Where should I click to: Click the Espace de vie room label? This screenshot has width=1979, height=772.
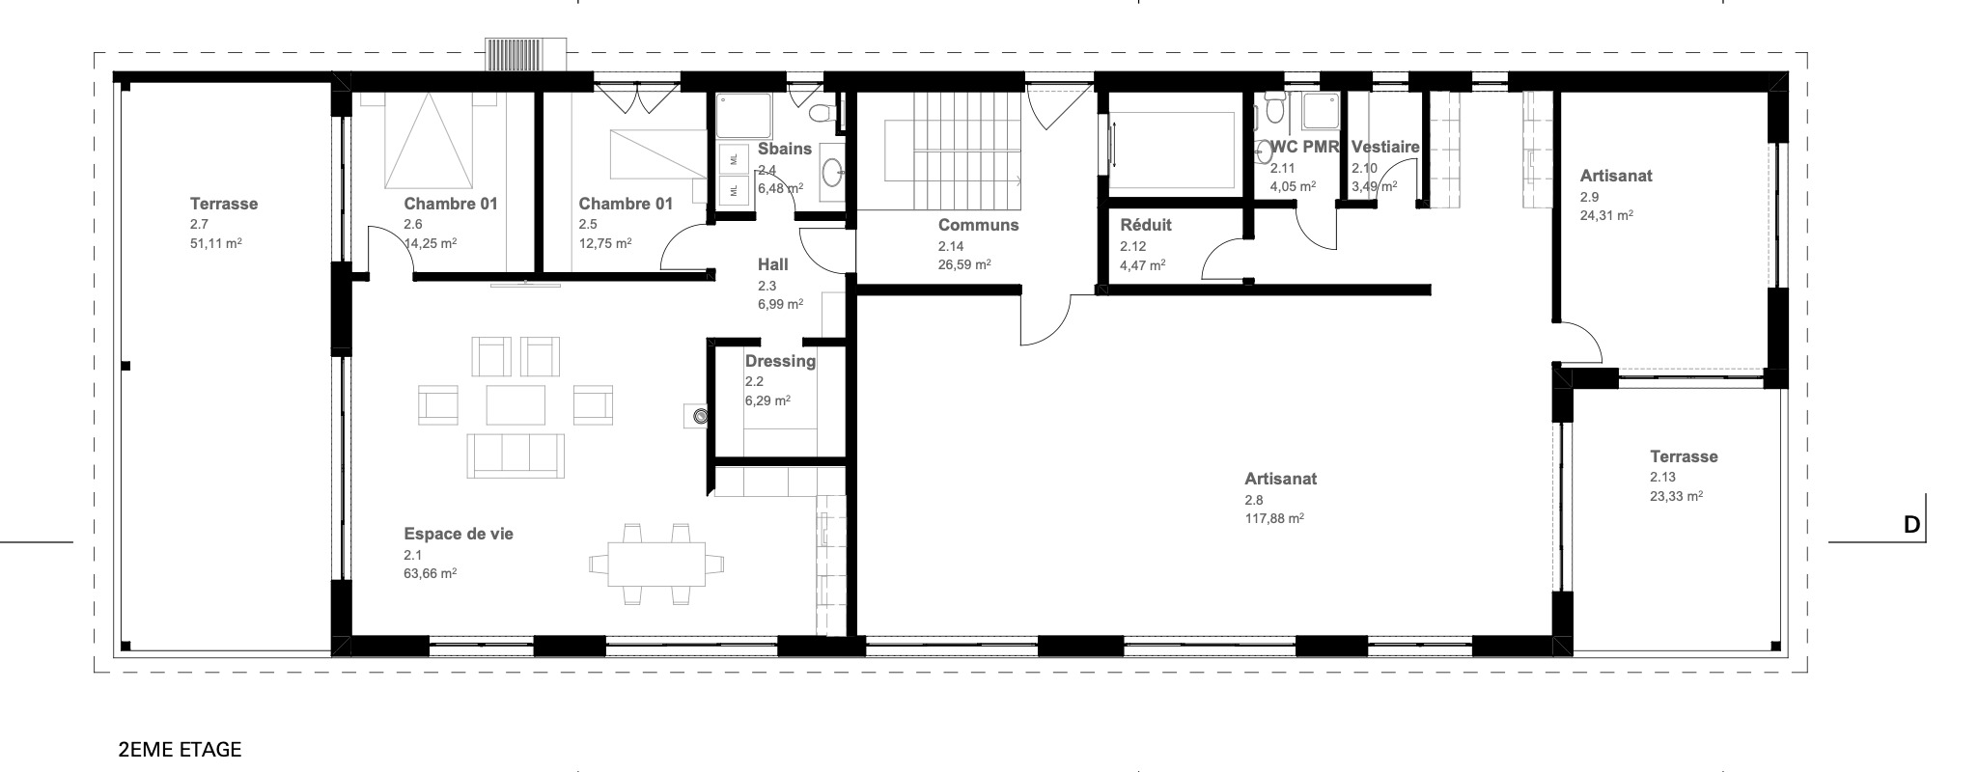pyautogui.click(x=459, y=534)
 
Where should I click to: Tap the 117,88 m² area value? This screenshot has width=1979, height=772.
pyautogui.click(x=1274, y=519)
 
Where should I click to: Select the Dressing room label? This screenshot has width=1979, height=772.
pyautogui.click(x=780, y=361)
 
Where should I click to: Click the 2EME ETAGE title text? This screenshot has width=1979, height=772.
pyautogui.click(x=180, y=750)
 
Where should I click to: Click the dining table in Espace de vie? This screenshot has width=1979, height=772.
pyautogui.click(x=656, y=565)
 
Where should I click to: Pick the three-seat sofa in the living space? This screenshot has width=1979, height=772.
pyautogui.click(x=516, y=455)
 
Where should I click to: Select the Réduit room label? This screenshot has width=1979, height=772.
pyautogui.click(x=1146, y=225)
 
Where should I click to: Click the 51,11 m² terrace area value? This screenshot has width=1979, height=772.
pyautogui.click(x=216, y=244)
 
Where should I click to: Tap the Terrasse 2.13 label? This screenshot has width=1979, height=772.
pyautogui.click(x=1684, y=456)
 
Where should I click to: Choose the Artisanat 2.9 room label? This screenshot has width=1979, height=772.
pyautogui.click(x=1616, y=176)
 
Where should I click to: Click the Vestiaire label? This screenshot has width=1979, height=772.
pyautogui.click(x=1385, y=147)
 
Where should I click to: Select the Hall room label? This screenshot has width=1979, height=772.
pyautogui.click(x=773, y=264)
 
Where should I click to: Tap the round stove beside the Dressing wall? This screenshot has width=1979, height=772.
pyautogui.click(x=700, y=416)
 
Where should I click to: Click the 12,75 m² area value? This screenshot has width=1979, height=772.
pyautogui.click(x=605, y=244)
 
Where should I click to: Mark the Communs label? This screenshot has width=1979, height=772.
pyautogui.click(x=979, y=225)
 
